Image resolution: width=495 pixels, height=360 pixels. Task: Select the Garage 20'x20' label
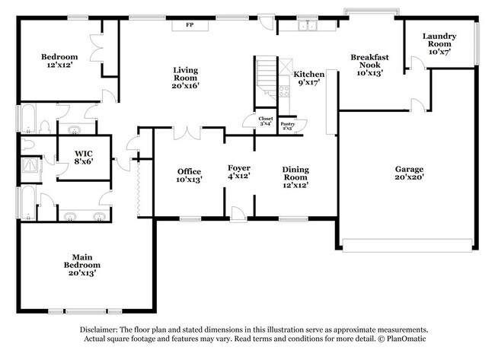click(x=408, y=173)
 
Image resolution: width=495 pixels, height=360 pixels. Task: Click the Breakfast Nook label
click(x=370, y=65)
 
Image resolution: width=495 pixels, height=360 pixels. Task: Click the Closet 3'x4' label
click(x=265, y=121)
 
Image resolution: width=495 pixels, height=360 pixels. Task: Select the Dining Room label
click(x=295, y=177)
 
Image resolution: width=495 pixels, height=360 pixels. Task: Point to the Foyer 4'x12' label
click(x=238, y=172)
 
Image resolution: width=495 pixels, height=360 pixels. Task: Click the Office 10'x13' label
click(x=189, y=176)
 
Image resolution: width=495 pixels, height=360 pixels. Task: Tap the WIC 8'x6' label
click(x=84, y=157)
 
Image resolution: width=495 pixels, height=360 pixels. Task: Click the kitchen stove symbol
click(x=284, y=91)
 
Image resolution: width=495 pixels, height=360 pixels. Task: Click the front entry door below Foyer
click(x=238, y=215)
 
